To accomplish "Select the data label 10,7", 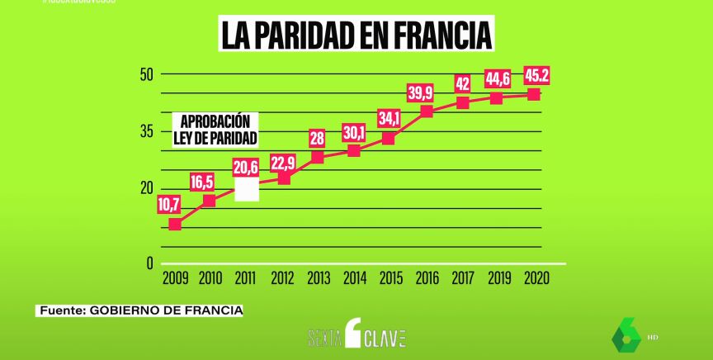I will click(x=169, y=204).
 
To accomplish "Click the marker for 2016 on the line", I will click(x=427, y=111).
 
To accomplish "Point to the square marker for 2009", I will click(x=174, y=224).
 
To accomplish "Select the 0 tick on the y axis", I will click(x=149, y=263).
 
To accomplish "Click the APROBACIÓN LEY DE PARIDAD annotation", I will click(x=215, y=129).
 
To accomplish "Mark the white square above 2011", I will click(x=247, y=189).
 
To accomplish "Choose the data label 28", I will click(x=318, y=138).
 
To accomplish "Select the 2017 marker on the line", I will click(x=463, y=102).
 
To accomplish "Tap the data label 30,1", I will click(x=353, y=132).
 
